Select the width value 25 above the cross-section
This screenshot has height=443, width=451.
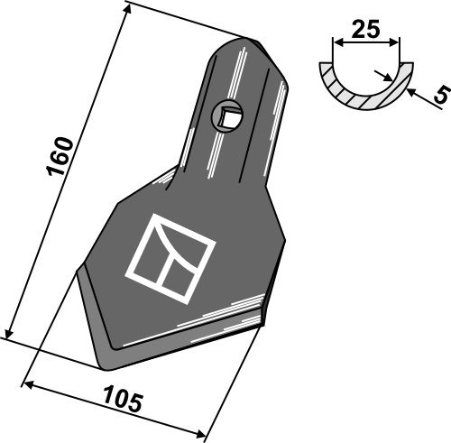(366, 30)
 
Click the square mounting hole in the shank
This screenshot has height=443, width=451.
(227, 115)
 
